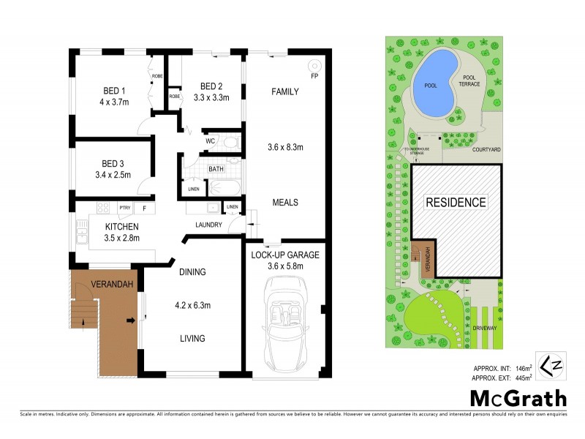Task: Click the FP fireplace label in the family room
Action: coord(314,75)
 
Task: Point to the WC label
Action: coord(209,140)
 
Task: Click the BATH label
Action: coord(216,169)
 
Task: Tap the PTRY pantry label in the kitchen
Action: coord(124,209)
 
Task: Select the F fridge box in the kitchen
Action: coord(144,209)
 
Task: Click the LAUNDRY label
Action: coord(208,225)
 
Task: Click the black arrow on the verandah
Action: coord(130,320)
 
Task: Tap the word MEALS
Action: coord(284,203)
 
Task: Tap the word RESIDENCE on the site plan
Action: coord(456,202)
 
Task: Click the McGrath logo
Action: coord(518,398)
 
